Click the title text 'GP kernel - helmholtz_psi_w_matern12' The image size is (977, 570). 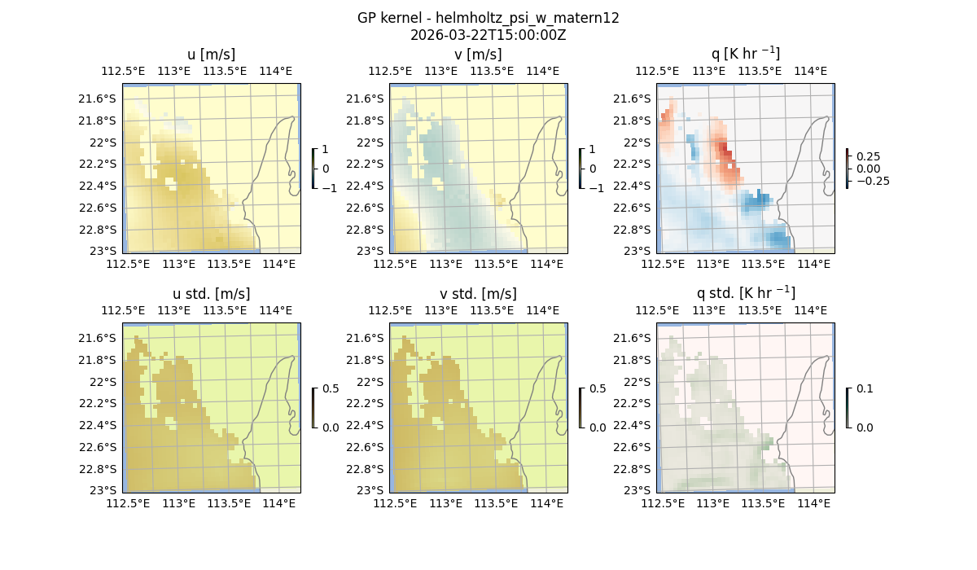(488, 18)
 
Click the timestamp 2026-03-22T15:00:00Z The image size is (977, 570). (488, 35)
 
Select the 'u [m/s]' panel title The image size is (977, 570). (211, 55)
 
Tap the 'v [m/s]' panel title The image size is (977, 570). (478, 55)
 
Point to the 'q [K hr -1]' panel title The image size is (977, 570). (745, 54)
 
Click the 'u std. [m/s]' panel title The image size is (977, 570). (211, 294)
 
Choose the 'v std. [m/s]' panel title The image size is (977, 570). (478, 294)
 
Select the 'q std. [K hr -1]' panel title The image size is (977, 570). (745, 293)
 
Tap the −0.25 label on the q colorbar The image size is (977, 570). (872, 181)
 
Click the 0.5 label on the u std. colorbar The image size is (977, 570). (331, 389)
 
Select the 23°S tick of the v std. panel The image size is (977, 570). (372, 490)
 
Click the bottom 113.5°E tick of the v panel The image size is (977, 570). (496, 264)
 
